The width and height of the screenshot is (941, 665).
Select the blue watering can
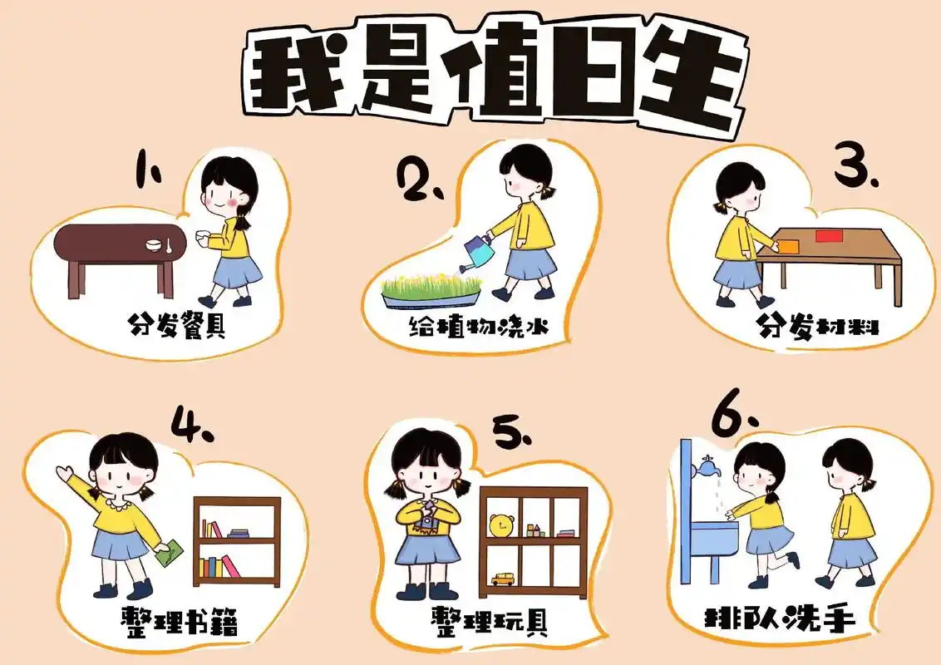[477, 252]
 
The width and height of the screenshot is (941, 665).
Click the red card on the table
[829, 236]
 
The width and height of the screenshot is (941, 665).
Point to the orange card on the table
[787, 246]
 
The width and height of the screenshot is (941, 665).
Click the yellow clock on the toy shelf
[500, 525]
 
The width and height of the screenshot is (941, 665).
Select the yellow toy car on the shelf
[502, 578]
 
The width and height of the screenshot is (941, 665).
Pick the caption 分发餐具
[178, 324]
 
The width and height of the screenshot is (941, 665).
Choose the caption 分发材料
[818, 326]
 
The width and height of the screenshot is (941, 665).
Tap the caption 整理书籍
[179, 622]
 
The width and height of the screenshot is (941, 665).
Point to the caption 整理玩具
[490, 621]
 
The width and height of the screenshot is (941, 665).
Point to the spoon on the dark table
[169, 245]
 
